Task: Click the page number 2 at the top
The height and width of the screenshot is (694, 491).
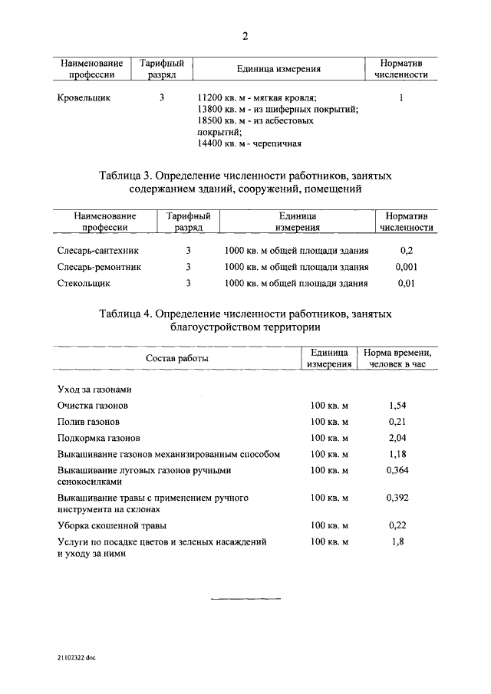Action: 245,36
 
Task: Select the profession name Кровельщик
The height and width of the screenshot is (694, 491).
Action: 84,98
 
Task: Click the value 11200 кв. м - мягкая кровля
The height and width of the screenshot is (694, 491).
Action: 257,98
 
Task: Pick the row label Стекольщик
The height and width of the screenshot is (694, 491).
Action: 84,283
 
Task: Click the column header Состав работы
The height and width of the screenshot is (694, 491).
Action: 177,358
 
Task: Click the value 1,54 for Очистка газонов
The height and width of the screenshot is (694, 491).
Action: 397,405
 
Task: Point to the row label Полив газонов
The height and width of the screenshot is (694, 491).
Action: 88,422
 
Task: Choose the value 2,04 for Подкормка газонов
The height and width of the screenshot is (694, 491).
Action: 397,438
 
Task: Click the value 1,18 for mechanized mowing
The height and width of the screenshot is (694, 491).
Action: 397,454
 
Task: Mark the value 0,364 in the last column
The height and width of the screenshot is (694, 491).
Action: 397,470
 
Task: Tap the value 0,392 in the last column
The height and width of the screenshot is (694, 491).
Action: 397,498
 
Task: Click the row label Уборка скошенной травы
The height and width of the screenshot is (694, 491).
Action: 112,525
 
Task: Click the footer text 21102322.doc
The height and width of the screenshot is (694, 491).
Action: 76,658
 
